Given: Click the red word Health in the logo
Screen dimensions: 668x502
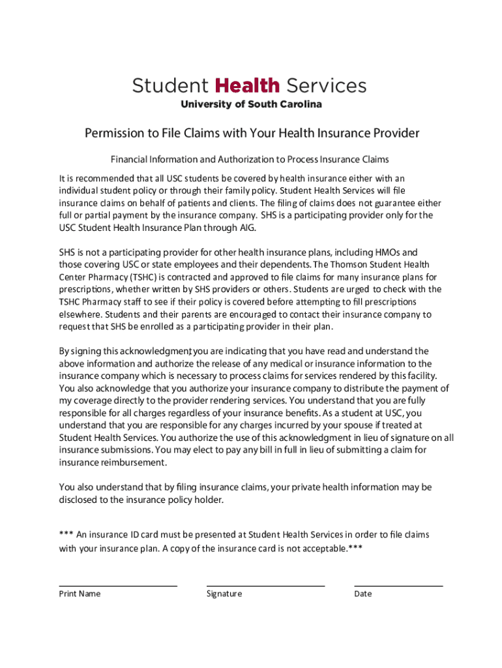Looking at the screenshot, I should click(x=246, y=85).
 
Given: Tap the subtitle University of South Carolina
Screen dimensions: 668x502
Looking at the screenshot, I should click(x=251, y=104).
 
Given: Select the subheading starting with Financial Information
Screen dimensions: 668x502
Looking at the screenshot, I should click(x=250, y=159).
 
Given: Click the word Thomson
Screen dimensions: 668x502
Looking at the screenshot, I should click(x=351, y=265).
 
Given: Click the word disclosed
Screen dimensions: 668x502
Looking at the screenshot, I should click(x=80, y=500).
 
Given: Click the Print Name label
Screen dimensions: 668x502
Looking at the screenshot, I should click(x=80, y=594).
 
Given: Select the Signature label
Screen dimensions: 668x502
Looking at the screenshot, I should click(x=224, y=594).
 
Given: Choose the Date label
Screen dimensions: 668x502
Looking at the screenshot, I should click(x=363, y=594).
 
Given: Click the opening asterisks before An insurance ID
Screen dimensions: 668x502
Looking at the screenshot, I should click(x=66, y=535).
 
